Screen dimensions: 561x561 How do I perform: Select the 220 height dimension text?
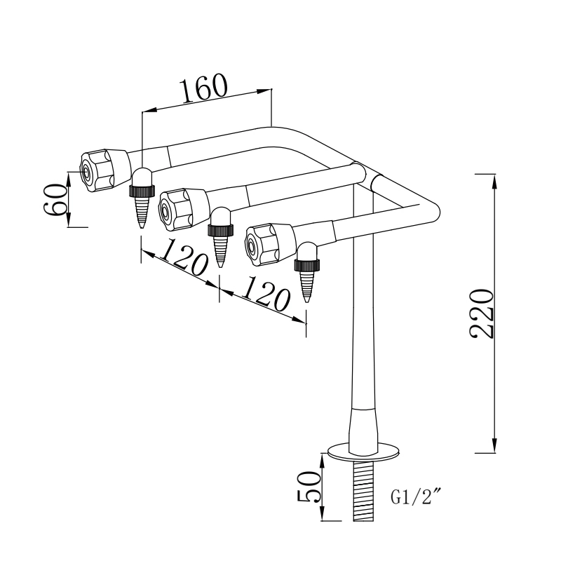click(x=483, y=313)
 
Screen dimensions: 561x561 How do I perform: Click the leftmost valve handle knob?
click(x=102, y=170)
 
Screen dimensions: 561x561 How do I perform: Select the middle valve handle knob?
click(x=181, y=208)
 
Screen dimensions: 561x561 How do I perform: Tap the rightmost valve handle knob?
click(x=266, y=243)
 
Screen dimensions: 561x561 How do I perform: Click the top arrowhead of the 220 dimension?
click(x=496, y=179)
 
